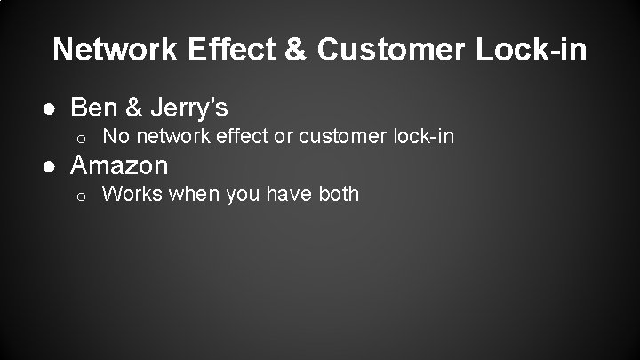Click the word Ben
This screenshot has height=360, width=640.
pyautogui.click(x=90, y=108)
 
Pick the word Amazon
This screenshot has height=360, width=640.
pyautogui.click(x=119, y=164)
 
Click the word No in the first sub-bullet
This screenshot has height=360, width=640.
pyautogui.click(x=115, y=137)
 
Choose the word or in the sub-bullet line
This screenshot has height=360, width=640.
pyautogui.click(x=282, y=137)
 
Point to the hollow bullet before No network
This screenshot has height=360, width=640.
pyautogui.click(x=80, y=138)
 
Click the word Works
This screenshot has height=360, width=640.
pyautogui.click(x=130, y=194)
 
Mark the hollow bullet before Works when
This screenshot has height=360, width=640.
pyautogui.click(x=80, y=195)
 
